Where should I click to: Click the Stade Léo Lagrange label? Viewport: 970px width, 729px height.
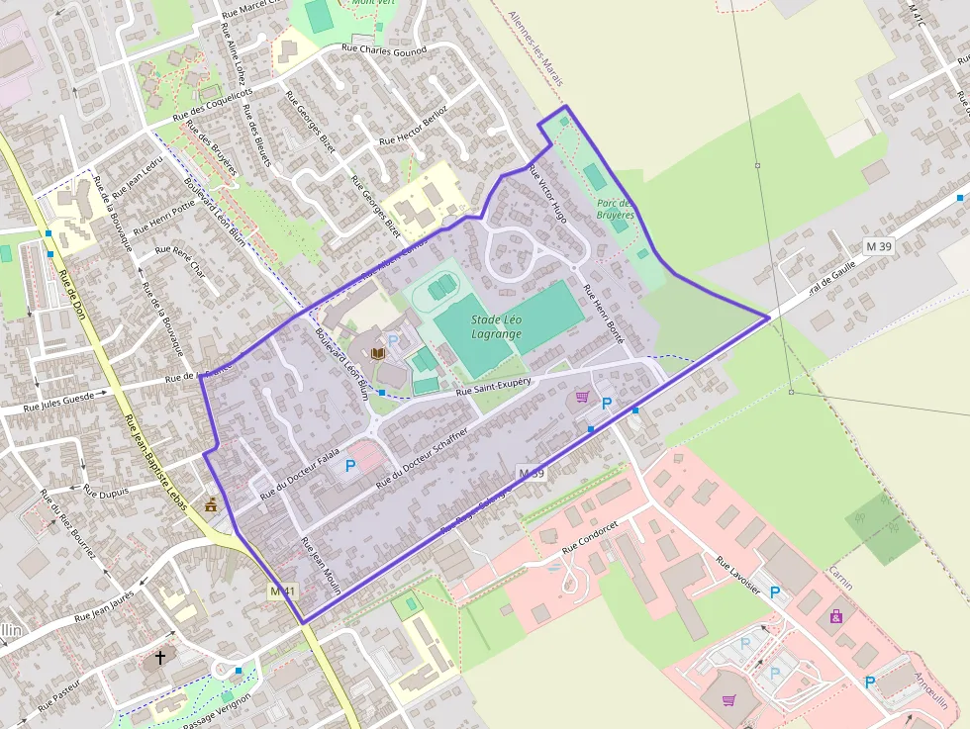tap(496, 326)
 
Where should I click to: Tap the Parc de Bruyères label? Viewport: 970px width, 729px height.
tap(615, 209)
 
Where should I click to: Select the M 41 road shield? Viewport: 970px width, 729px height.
tap(283, 592)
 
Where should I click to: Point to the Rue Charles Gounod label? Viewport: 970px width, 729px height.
tap(383, 49)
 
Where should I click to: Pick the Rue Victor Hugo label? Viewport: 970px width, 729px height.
tap(548, 192)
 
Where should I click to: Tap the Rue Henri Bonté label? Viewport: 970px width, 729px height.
tap(604, 314)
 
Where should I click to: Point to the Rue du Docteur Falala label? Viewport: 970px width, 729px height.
tap(293, 476)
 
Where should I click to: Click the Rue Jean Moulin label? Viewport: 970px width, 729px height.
tap(321, 566)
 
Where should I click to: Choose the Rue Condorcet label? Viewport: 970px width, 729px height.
tap(597, 535)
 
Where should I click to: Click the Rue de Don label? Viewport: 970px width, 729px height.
tap(73, 297)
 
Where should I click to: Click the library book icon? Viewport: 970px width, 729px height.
tap(377, 352)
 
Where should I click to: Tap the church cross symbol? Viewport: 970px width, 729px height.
tap(160, 656)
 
